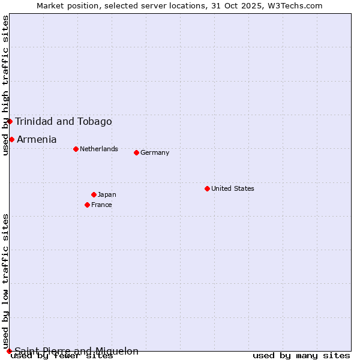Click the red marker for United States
click(207, 188)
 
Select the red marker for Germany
click(136, 152)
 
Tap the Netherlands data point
click(76, 149)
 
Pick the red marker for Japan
click(94, 194)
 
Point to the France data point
click(87, 205)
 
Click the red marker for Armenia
click(11, 139)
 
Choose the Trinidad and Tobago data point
click(10, 121)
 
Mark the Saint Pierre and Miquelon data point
click(9, 351)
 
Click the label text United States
click(233, 188)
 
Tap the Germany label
click(155, 152)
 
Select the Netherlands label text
click(99, 149)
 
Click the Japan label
click(107, 194)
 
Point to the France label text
click(101, 205)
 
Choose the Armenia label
click(37, 139)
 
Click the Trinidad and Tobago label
click(64, 121)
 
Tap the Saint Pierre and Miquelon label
click(77, 351)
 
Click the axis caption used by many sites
click(301, 355)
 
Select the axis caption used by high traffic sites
click(6, 85)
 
